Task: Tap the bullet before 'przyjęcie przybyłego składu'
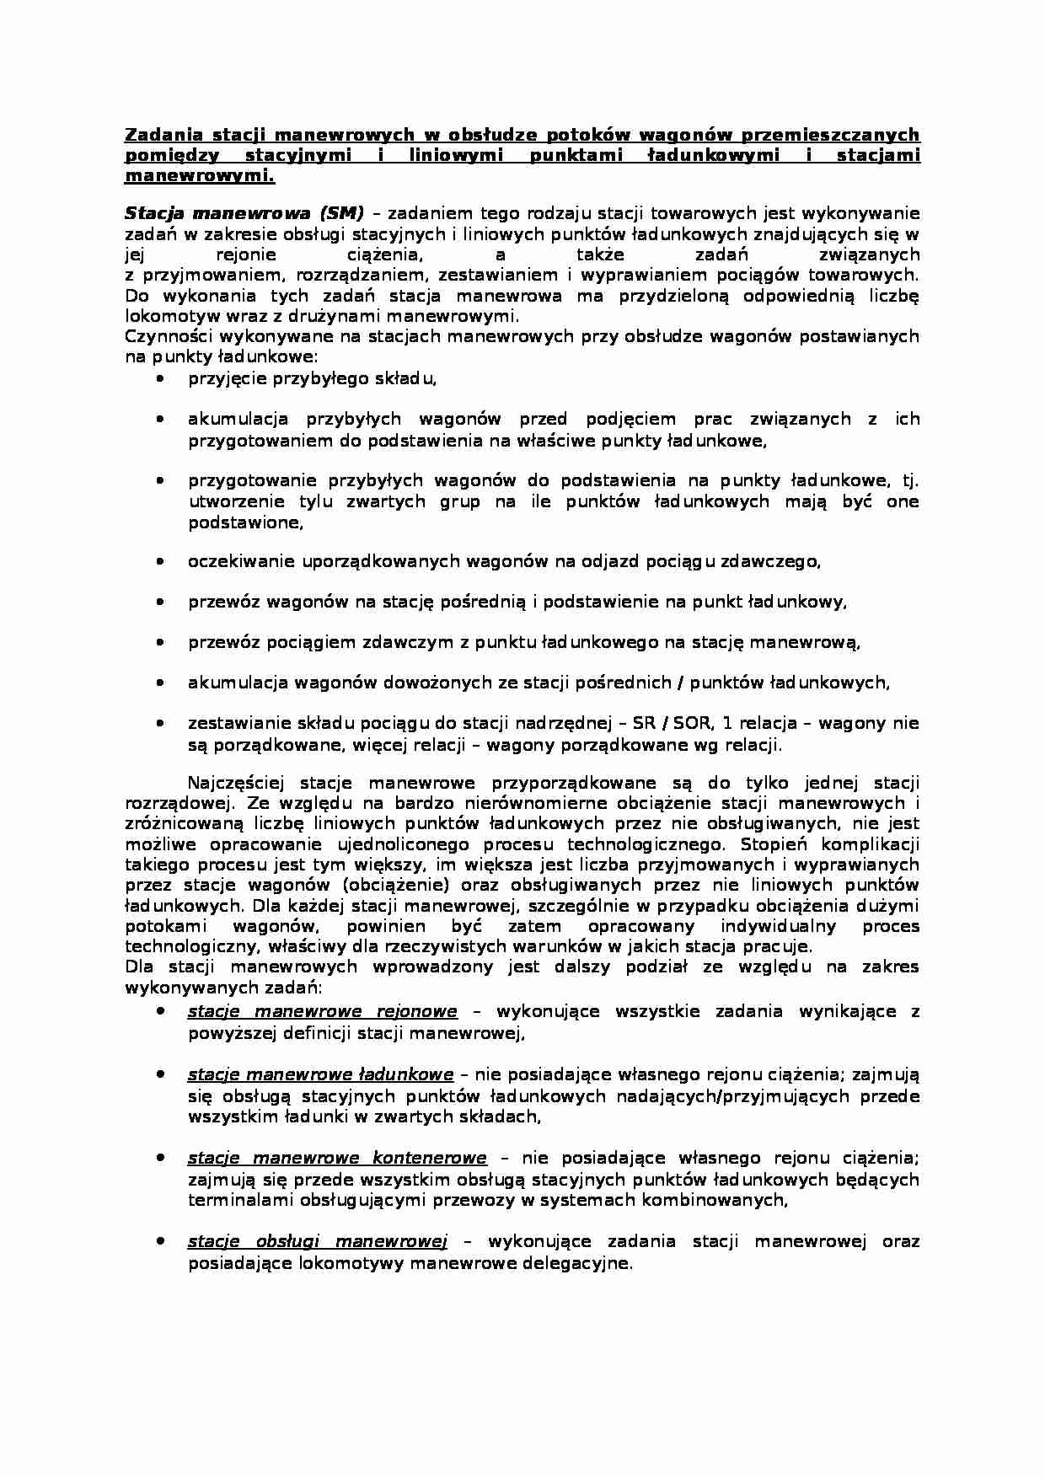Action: coord(160,379)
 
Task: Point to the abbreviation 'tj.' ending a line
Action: coord(908,481)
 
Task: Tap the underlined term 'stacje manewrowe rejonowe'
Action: coord(322,1011)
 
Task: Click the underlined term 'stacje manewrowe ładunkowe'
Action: coord(320,1074)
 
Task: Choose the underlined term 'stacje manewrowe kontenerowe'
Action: coord(337,1158)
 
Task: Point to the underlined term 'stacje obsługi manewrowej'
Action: coord(317,1241)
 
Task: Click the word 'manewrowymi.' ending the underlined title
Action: coord(200,177)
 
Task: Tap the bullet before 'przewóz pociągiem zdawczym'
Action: coord(160,642)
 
